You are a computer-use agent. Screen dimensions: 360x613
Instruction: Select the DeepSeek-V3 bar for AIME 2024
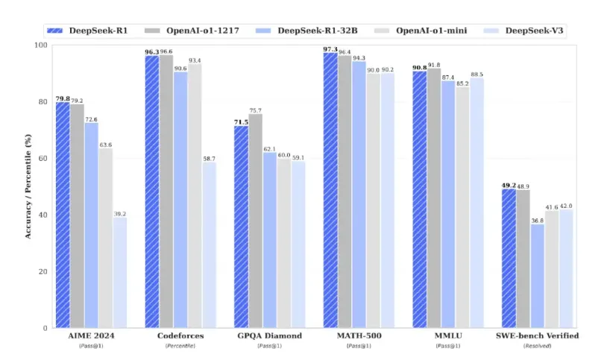(x=120, y=272)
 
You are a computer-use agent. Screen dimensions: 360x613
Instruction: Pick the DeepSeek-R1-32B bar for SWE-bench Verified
(x=537, y=276)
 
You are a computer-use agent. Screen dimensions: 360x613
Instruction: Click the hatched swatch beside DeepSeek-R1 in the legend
(x=53, y=31)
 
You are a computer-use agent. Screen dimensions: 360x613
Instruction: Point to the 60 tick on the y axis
(x=43, y=158)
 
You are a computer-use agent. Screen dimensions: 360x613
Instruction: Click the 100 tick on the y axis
(x=40, y=45)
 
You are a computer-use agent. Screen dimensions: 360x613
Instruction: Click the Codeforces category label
(x=180, y=336)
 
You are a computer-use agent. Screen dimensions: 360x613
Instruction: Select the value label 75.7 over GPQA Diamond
(x=255, y=110)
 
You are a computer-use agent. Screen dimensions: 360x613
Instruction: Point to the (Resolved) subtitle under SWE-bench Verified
(x=537, y=347)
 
